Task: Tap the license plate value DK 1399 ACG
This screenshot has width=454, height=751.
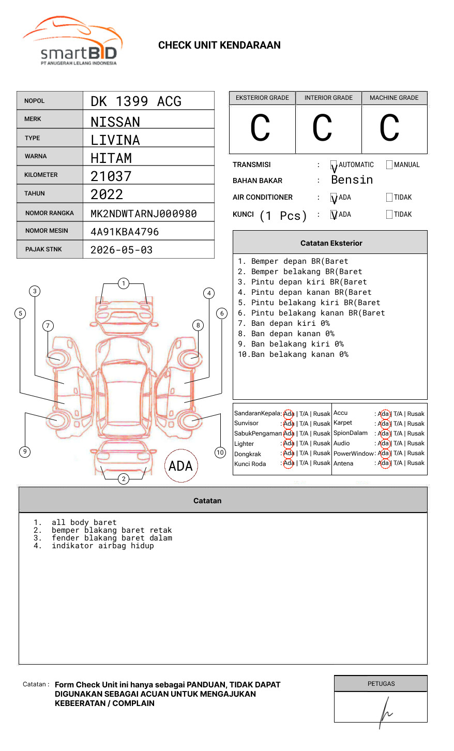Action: click(136, 101)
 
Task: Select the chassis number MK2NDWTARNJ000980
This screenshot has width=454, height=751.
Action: click(143, 214)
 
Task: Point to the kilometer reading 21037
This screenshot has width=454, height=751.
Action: click(111, 176)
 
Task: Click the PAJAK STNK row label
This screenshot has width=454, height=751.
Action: click(43, 249)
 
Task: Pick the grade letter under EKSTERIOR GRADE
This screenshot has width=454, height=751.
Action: click(260, 128)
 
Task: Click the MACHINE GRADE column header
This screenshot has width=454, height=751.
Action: click(394, 98)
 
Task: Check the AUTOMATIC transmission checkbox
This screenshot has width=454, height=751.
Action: click(334, 165)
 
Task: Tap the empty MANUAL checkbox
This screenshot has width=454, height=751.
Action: click(389, 165)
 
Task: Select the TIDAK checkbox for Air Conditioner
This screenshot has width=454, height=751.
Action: click(389, 198)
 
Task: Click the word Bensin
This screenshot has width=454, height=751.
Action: click(352, 180)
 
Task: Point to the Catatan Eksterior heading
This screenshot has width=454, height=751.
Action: click(331, 243)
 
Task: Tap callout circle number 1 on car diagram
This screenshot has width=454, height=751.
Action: click(123, 283)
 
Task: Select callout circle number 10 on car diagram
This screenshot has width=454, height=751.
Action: click(220, 453)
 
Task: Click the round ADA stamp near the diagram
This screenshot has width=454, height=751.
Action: click(180, 466)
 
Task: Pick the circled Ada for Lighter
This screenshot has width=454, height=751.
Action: click(289, 443)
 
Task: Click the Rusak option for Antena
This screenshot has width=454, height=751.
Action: click(416, 463)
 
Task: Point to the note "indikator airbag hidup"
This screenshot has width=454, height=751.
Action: click(102, 546)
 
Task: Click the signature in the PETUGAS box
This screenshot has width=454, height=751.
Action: click(385, 712)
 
